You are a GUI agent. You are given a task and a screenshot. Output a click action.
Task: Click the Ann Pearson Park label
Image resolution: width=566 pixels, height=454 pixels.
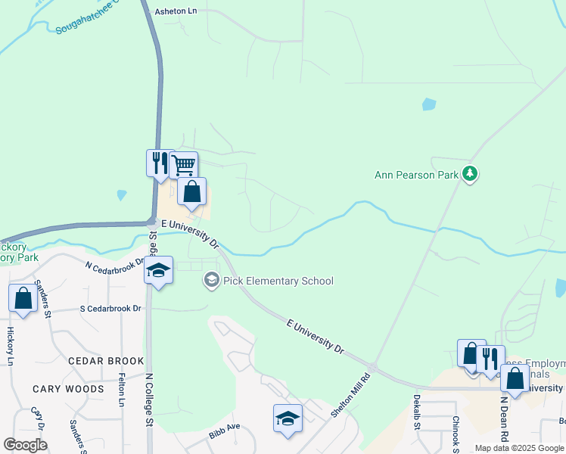pyautogui.click(x=417, y=175)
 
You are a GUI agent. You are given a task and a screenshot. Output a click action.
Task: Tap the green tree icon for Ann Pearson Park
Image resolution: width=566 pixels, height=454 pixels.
pyautogui.click(x=471, y=174)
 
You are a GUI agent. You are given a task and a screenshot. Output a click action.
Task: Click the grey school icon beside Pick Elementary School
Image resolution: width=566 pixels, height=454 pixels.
pyautogui.click(x=211, y=281)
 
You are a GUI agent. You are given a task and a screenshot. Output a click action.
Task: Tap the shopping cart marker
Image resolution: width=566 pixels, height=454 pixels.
pyautogui.click(x=183, y=164)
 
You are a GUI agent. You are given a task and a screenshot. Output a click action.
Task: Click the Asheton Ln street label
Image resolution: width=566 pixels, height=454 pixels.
pyautogui.click(x=176, y=12)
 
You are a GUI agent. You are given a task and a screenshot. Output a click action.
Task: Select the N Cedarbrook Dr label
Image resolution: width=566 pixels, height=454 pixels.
pyautogui.click(x=114, y=266)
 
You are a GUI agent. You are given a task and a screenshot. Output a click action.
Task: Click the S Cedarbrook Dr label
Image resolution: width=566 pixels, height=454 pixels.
pyautogui.click(x=110, y=309)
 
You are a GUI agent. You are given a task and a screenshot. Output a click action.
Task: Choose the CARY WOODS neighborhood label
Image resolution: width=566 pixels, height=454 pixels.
pyautogui.click(x=68, y=389)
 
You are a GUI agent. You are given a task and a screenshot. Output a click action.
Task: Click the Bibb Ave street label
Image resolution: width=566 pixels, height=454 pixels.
pyautogui.click(x=224, y=431)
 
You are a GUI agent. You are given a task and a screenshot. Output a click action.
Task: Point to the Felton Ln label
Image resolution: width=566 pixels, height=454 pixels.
pyautogui.click(x=121, y=390)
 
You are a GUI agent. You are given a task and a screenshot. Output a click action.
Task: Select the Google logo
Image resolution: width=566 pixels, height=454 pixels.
pyautogui.click(x=25, y=444)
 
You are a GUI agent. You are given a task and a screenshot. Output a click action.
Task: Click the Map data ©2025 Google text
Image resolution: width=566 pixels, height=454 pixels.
pyautogui.click(x=518, y=448)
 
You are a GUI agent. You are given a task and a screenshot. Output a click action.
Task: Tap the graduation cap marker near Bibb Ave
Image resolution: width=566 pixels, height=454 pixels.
pyautogui.click(x=288, y=419)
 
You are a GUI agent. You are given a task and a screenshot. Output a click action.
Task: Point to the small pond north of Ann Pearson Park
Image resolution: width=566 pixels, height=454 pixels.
pyautogui.click(x=429, y=104)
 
